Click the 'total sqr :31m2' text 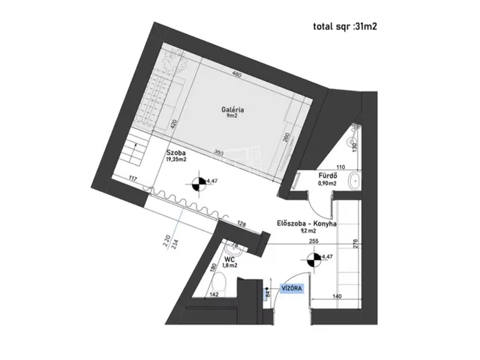tap(344, 27)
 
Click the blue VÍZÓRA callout tap(292, 288)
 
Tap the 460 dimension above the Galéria tap(235, 75)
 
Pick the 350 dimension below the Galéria tap(218, 154)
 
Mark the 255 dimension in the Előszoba tap(292, 241)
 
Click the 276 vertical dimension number tap(355, 244)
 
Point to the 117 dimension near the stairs tap(133, 178)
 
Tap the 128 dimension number tap(241, 223)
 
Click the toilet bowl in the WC tap(220, 283)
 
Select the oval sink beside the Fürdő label tap(355, 180)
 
